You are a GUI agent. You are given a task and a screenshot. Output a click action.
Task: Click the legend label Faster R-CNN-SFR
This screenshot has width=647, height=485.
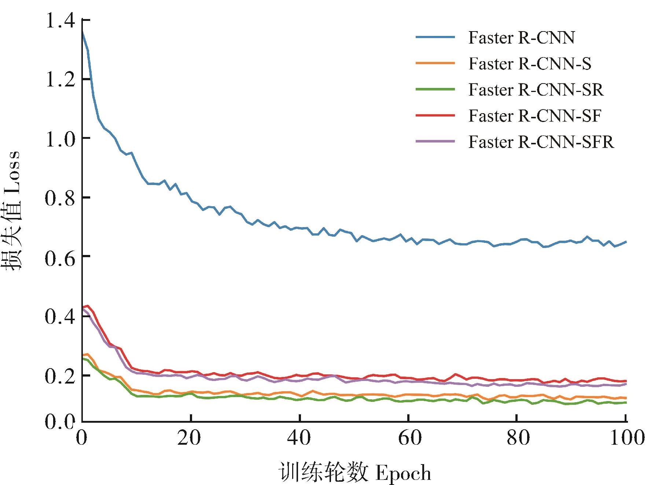[541, 142]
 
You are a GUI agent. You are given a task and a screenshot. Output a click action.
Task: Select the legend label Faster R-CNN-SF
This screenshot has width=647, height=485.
[535, 116]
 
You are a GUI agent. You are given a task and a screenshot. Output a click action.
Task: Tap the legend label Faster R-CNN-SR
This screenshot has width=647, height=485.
[536, 90]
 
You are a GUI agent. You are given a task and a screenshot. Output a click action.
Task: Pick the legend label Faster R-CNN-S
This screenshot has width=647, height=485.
[530, 64]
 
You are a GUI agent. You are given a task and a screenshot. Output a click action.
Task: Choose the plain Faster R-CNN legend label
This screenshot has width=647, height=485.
[522, 38]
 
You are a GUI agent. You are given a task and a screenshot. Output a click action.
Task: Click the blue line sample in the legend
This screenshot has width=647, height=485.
[435, 37]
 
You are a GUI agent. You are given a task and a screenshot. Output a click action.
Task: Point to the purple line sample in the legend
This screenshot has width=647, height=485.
[435, 141]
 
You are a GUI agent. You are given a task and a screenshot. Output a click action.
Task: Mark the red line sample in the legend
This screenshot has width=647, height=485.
[435, 115]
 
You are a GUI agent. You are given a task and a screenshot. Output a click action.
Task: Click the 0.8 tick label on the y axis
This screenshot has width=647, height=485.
[60, 198]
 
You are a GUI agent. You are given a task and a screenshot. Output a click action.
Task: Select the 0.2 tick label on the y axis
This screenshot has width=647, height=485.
[60, 376]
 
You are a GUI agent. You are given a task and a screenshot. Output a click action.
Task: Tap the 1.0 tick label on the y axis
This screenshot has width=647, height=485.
[60, 138]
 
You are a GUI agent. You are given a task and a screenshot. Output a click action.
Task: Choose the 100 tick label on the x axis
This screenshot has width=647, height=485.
[627, 438]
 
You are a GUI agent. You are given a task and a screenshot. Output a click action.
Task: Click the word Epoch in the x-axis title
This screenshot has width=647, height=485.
[403, 473]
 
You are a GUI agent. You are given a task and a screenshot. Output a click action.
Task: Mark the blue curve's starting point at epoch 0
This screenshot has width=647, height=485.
[82, 32]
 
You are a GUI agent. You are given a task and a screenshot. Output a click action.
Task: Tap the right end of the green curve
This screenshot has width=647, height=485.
[626, 403]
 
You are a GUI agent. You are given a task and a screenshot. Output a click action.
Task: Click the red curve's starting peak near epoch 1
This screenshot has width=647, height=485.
[88, 306]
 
